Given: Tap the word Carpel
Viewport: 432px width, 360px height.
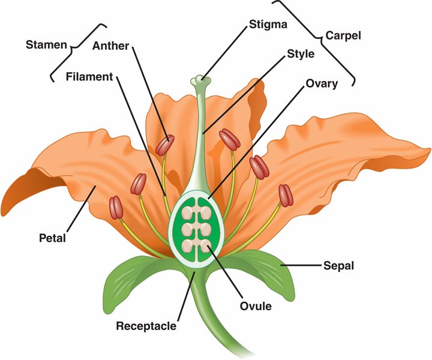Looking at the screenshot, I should (x=344, y=35).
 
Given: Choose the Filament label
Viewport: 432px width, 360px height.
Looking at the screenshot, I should (x=89, y=77).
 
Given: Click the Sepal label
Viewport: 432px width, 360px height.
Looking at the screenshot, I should (x=339, y=264).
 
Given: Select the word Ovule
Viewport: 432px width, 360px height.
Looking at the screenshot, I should (x=256, y=306).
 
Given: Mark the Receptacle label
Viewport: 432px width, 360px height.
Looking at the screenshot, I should (x=146, y=326).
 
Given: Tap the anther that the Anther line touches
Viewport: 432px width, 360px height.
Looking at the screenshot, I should (x=165, y=145).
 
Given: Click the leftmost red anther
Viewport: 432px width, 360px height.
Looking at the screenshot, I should (x=116, y=207).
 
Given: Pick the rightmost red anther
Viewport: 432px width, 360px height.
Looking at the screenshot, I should (x=285, y=195).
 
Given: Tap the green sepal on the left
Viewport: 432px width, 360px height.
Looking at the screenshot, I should (x=131, y=279).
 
